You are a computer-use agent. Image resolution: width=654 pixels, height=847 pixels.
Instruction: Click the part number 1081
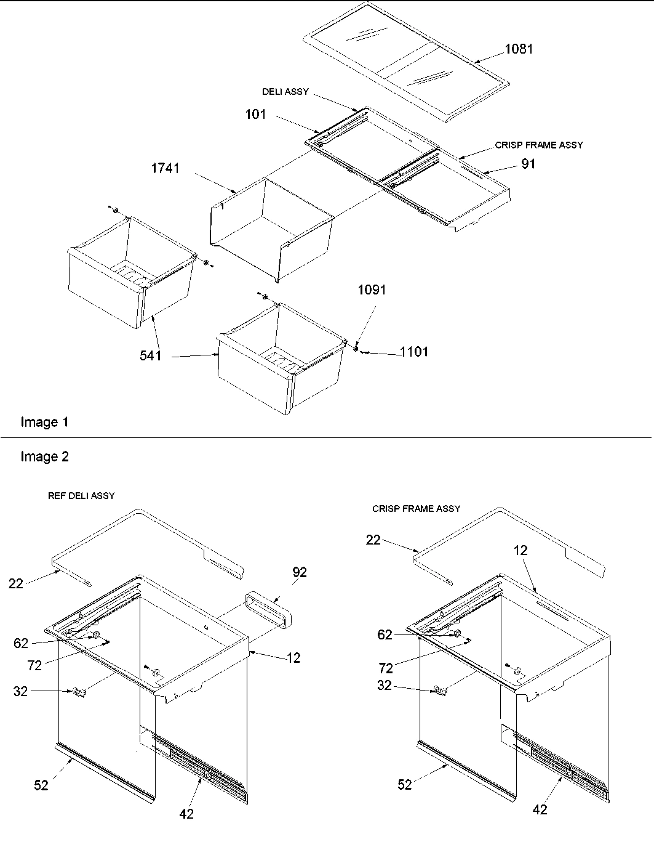519,49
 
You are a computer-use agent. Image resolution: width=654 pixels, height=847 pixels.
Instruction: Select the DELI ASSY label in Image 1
285,92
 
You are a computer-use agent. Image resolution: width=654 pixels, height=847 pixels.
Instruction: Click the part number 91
527,164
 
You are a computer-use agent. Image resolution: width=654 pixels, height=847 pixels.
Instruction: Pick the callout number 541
150,355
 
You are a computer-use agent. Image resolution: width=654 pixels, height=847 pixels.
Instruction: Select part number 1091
372,290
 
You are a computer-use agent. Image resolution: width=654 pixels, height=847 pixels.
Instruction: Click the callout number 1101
414,352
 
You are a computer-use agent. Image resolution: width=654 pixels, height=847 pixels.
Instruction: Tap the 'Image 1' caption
44,422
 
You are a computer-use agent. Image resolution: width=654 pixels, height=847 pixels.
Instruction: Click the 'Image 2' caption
44,456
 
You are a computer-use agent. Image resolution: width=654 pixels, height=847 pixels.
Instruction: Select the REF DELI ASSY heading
81,496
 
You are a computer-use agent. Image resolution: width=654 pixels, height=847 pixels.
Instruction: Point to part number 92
300,572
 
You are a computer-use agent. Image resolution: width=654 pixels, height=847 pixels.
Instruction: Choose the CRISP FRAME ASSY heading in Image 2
416,509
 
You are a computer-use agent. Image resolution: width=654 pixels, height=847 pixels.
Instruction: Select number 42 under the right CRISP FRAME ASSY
539,809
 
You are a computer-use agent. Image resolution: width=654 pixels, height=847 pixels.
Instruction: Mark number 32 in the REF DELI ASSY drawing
20,692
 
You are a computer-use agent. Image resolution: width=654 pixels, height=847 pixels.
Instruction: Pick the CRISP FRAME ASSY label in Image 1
538,145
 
